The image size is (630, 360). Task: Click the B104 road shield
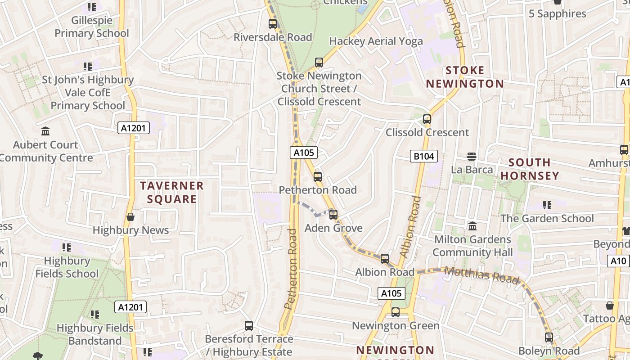pyautogui.click(x=424, y=156)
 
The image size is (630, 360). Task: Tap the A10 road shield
pyautogui.click(x=619, y=261)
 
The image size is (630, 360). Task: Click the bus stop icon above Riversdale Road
pyautogui.click(x=273, y=24)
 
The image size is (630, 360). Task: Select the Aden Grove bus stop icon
pyautogui.click(x=333, y=215)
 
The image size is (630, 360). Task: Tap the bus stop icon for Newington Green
pyautogui.click(x=396, y=312)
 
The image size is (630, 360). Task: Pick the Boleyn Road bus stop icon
pyautogui.click(x=549, y=337)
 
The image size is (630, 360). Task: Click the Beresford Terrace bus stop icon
pyautogui.click(x=249, y=325)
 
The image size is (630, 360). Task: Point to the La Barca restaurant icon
pyautogui.click(x=472, y=156)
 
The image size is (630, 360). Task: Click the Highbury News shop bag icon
pyautogui.click(x=130, y=217)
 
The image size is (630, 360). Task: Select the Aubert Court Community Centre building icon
pyautogui.click(x=45, y=131)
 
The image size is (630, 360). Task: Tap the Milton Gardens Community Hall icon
pyautogui.click(x=472, y=226)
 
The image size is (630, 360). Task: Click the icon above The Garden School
pyautogui.click(x=547, y=205)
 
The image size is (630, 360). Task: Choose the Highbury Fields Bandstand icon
pyautogui.click(x=94, y=315)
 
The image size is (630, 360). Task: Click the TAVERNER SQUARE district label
pyautogui.click(x=172, y=192)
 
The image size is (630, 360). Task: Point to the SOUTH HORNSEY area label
pyautogui.click(x=530, y=169)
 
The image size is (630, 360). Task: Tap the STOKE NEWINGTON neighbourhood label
pyautogui.click(x=465, y=77)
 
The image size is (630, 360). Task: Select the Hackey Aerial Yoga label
pyautogui.click(x=376, y=41)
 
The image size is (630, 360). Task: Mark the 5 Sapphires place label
pyautogui.click(x=557, y=14)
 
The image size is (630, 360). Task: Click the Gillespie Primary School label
pyautogui.click(x=92, y=27)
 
